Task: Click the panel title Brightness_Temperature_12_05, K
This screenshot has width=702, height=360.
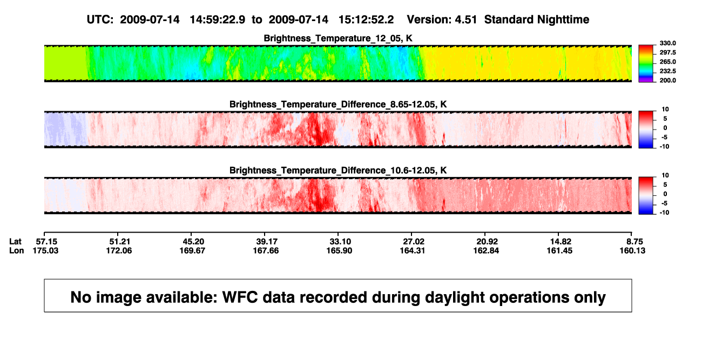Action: tap(338, 38)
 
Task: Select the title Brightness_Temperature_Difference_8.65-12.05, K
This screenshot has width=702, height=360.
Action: tap(338, 104)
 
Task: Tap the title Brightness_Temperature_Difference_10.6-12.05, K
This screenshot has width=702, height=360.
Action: tap(338, 171)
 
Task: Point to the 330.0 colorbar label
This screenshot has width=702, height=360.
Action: tap(667, 43)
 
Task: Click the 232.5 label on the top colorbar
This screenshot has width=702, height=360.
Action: tap(667, 71)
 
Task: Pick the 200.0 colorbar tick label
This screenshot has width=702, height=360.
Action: tap(667, 80)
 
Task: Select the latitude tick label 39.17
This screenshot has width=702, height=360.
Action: tap(267, 242)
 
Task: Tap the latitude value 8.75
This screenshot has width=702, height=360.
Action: tap(634, 242)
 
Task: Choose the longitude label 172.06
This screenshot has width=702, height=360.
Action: tap(119, 250)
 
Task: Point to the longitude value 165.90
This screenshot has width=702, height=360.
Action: tap(339, 250)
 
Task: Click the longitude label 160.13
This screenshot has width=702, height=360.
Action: tap(632, 250)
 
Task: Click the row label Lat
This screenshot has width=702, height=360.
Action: tap(15, 242)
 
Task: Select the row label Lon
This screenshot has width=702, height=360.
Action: tap(16, 250)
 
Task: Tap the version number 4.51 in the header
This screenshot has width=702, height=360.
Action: tap(465, 20)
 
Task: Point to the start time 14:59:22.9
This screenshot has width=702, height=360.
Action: tap(217, 20)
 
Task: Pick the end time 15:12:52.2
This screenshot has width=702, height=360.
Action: tap(366, 20)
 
